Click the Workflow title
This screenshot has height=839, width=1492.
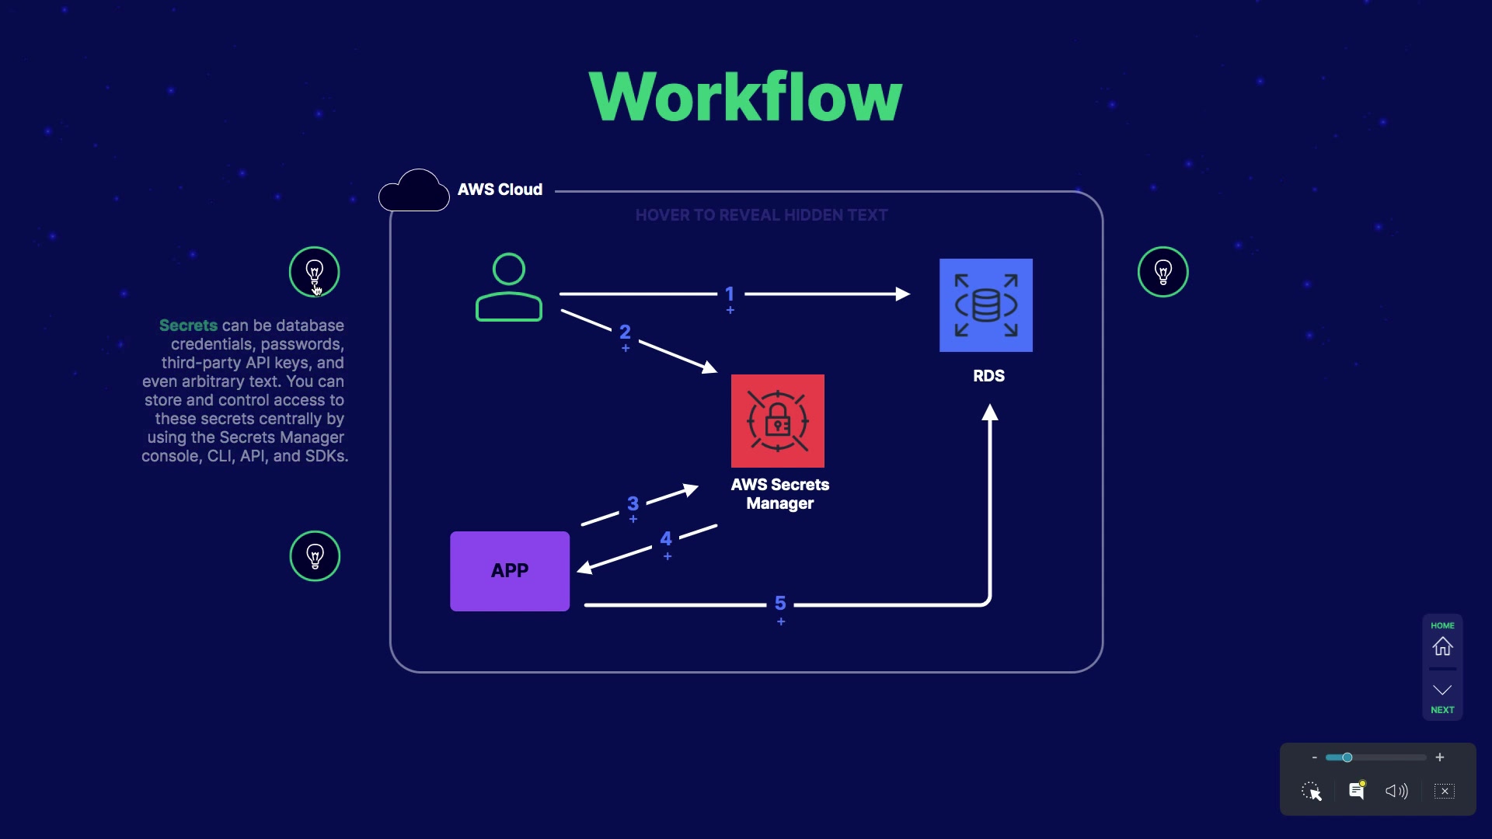point(745,97)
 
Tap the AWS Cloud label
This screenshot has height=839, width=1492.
point(500,190)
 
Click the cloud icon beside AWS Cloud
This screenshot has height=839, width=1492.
point(414,190)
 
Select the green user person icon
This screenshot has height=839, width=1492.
point(509,287)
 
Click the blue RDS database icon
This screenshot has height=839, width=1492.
point(985,305)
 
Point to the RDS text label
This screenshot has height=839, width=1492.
point(988,376)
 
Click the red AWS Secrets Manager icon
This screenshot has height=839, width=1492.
point(777,421)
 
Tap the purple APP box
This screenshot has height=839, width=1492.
point(510,571)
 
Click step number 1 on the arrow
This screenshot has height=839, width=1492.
point(730,294)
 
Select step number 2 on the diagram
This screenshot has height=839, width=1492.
point(625,332)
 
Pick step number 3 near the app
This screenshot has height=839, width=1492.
point(633,503)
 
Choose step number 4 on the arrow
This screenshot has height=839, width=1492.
point(666,538)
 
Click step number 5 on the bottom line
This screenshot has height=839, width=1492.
point(780,603)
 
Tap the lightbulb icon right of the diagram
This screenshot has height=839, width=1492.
point(1163,272)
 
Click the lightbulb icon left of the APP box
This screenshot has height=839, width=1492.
point(315,556)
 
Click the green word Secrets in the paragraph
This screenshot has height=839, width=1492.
point(188,326)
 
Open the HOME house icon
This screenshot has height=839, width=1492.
point(1442,646)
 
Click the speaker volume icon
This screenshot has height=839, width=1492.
point(1396,791)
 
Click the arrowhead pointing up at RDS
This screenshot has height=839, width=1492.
point(989,413)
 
